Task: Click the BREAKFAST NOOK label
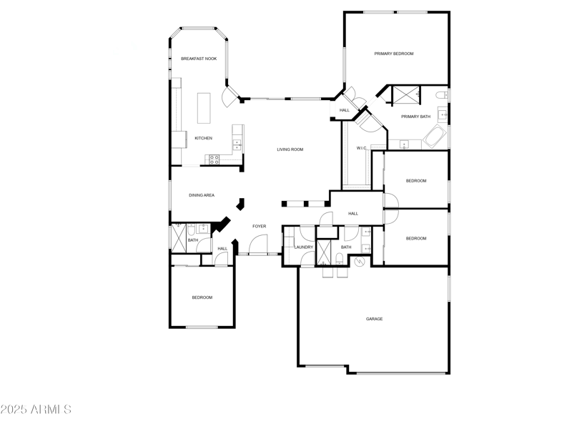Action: [x=199, y=59]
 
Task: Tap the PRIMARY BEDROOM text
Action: [x=394, y=54]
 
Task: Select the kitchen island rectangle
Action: [x=205, y=109]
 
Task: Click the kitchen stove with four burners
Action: [x=213, y=160]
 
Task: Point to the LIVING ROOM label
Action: [x=291, y=149]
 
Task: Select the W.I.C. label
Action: [x=362, y=149]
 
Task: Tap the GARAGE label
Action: [x=374, y=319]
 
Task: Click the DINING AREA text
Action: [x=202, y=195]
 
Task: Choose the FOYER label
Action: [x=259, y=227]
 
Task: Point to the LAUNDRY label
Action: [x=304, y=247]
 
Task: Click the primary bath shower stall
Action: [x=406, y=94]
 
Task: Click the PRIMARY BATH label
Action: [x=415, y=117]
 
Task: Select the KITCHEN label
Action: [x=204, y=138]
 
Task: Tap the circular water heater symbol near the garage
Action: [x=360, y=263]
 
